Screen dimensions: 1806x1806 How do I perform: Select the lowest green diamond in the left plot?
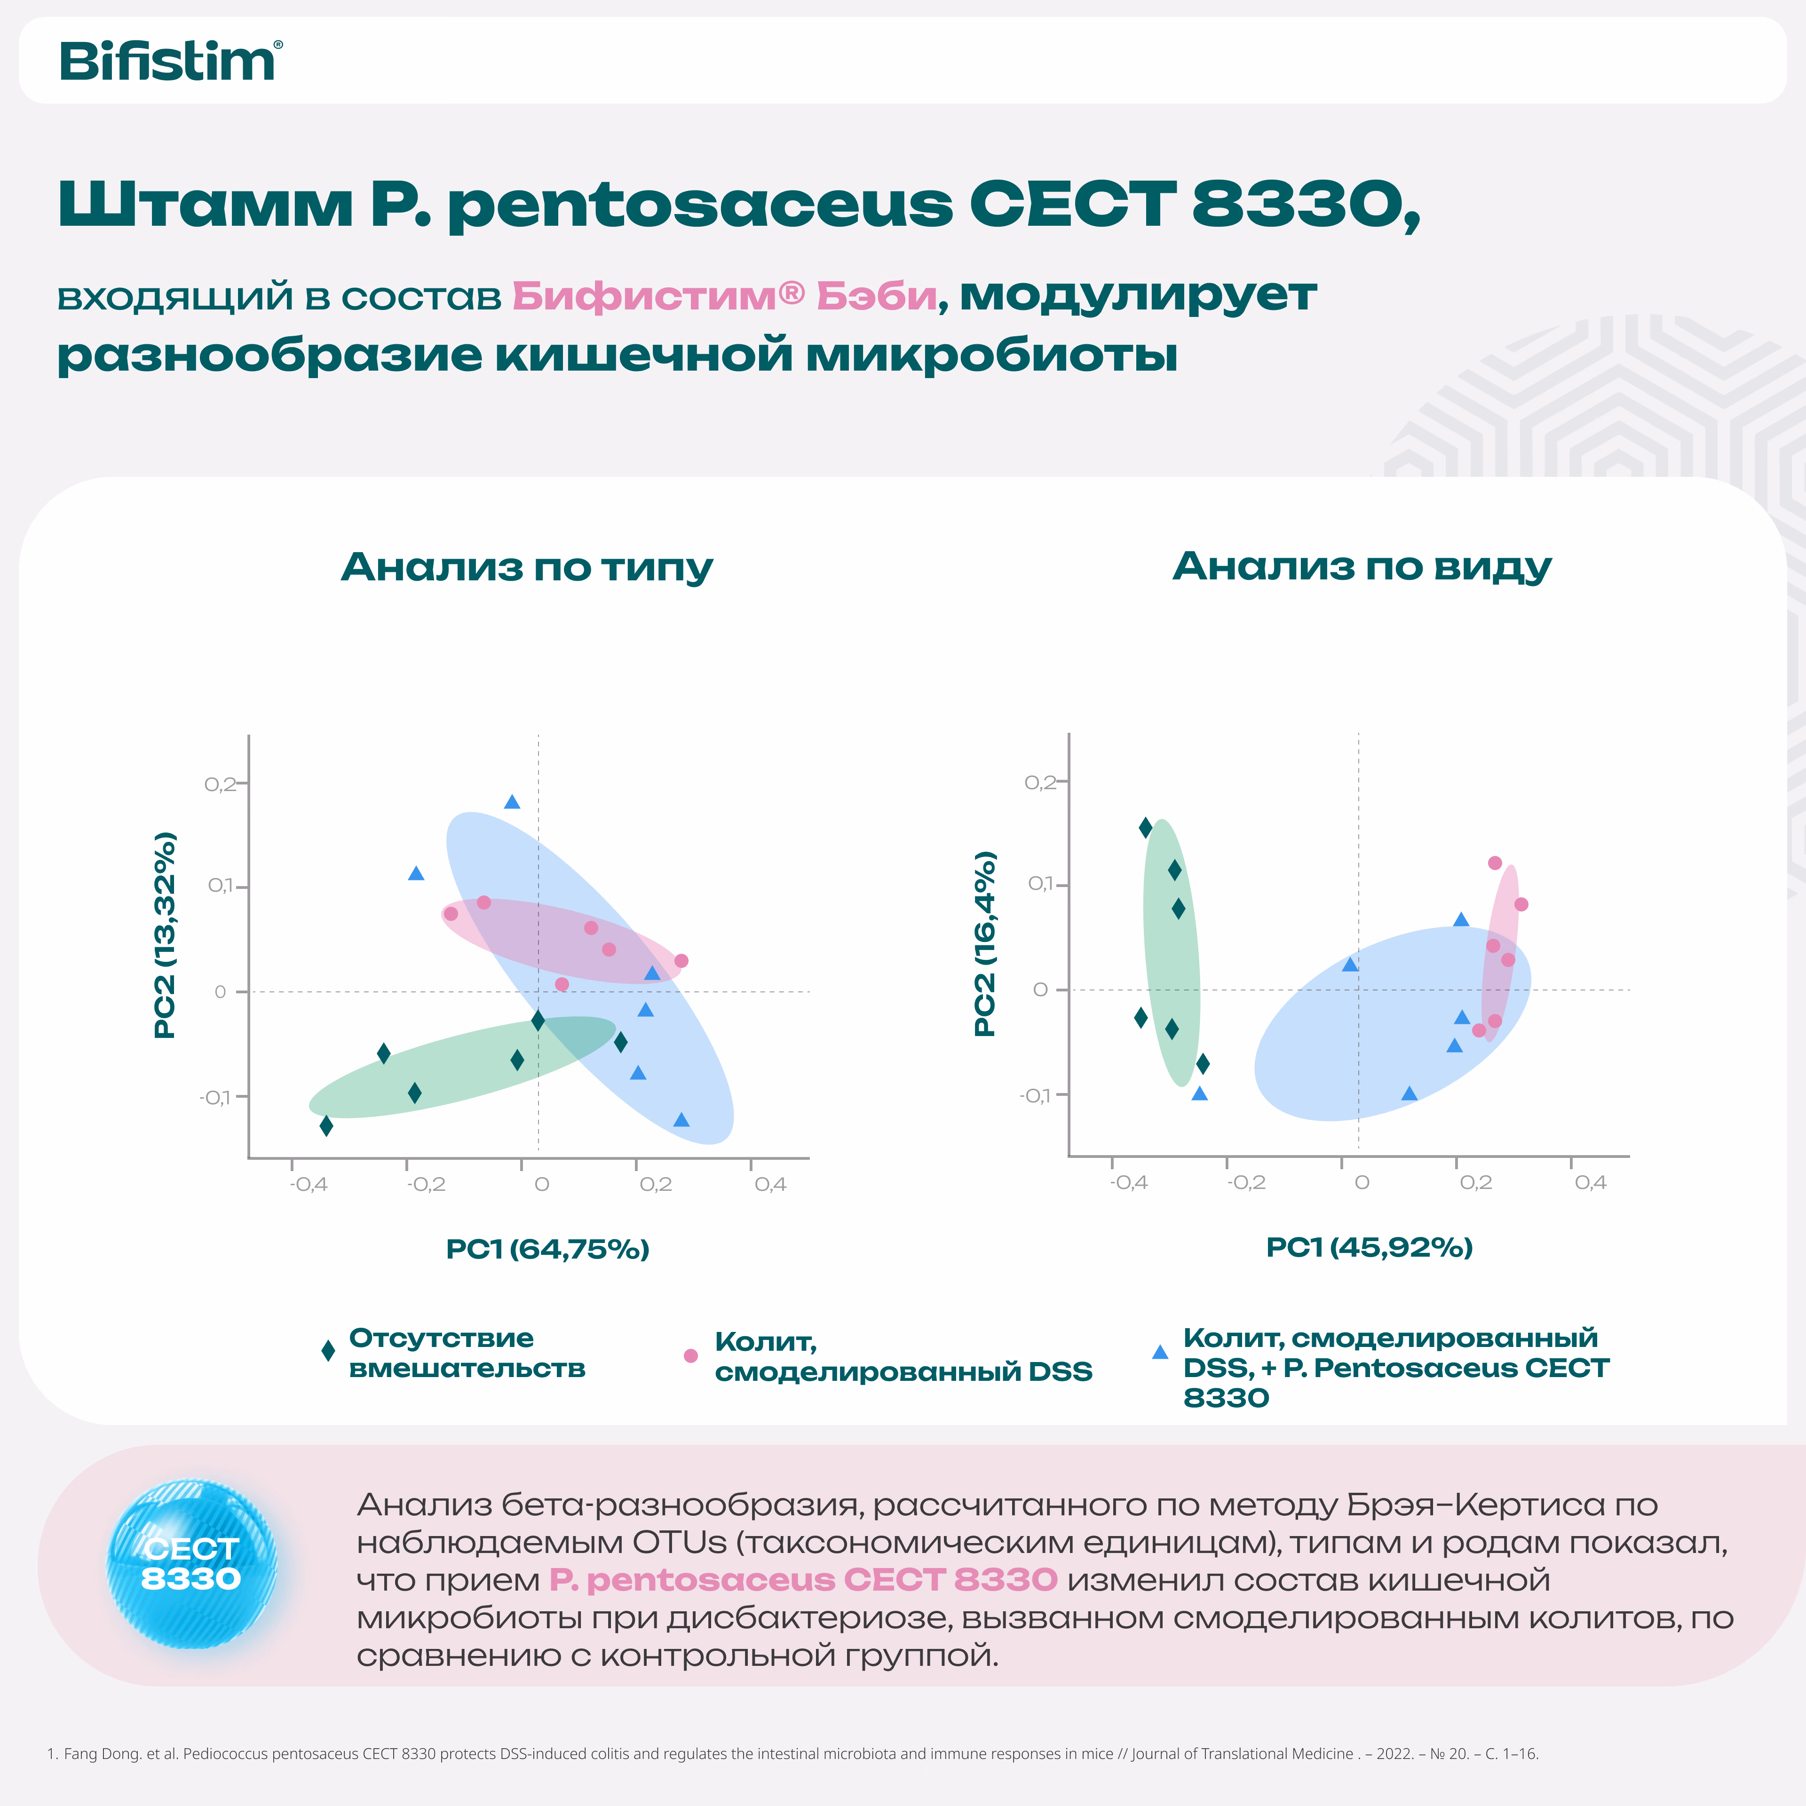point(326,1125)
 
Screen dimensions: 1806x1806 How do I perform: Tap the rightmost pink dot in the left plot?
point(681,961)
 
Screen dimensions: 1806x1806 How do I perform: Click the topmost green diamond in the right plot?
point(1145,827)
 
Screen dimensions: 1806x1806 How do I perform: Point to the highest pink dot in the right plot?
point(1495,863)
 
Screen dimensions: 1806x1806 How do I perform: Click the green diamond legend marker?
point(328,1352)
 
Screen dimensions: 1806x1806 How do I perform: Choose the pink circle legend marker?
point(691,1355)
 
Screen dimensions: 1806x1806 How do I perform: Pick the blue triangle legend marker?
point(1160,1352)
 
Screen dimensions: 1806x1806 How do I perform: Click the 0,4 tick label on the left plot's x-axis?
point(770,1184)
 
